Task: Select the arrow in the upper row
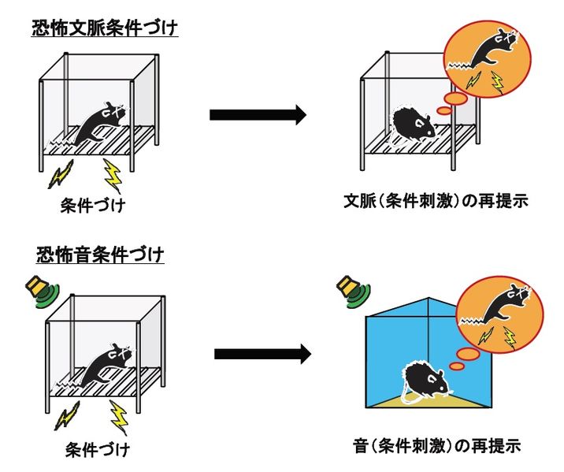[x=257, y=115]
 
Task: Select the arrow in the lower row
[x=262, y=354]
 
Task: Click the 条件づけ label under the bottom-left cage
[x=97, y=452]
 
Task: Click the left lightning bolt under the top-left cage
[x=60, y=174]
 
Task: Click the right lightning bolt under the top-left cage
[x=113, y=176]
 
